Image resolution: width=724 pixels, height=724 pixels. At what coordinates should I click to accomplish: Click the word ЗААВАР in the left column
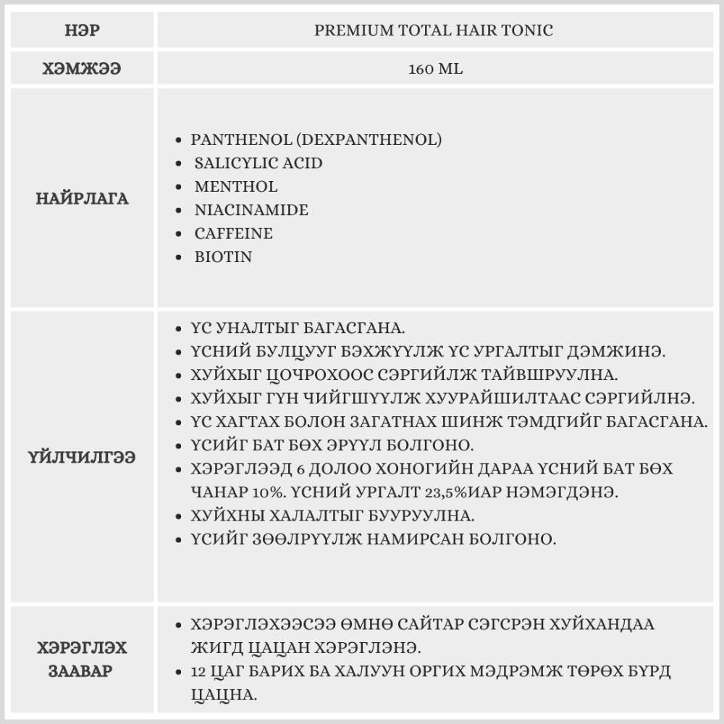[81, 670]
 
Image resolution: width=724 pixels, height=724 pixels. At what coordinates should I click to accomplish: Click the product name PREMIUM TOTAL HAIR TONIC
[434, 30]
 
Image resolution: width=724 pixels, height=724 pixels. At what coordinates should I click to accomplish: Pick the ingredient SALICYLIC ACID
[258, 163]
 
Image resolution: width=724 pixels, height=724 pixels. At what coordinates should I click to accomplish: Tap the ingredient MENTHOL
[236, 187]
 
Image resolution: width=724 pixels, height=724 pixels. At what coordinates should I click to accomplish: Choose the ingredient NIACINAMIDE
[251, 210]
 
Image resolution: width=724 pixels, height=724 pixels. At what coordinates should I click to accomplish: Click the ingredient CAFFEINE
[234, 233]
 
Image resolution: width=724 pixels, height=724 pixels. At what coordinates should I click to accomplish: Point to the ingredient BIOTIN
[223, 256]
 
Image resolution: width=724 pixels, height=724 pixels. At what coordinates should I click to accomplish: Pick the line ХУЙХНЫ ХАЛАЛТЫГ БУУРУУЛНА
[332, 516]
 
